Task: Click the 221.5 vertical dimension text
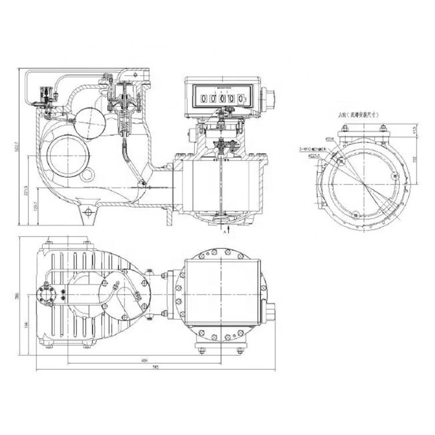pos(25,191)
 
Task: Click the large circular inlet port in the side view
pos(68,156)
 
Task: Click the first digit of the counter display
pos(204,99)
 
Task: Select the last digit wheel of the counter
pos(241,99)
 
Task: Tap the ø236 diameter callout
pos(328,139)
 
